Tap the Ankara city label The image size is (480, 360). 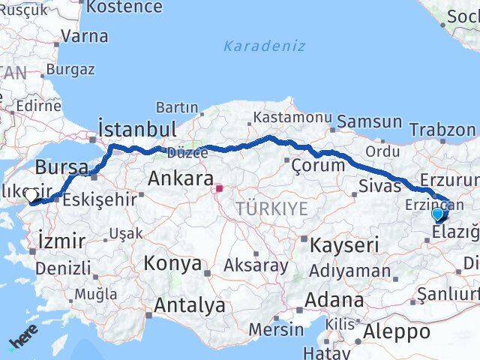coord(181,178)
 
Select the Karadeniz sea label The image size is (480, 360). coord(264,46)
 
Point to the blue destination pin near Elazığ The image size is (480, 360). coord(438,214)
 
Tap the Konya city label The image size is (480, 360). coord(172,264)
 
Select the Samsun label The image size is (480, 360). coord(369,121)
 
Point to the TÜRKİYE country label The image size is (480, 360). coord(271,209)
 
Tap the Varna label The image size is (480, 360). coord(84,35)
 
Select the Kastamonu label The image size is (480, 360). coord(292,118)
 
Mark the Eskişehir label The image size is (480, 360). coord(100,199)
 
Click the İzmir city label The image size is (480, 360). coord(56,241)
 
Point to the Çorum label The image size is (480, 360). coord(317,166)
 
